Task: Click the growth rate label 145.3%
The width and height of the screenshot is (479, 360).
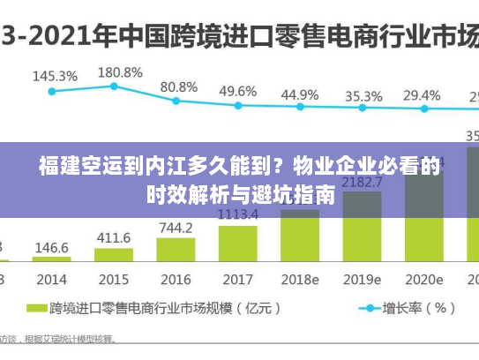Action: [x=55, y=76]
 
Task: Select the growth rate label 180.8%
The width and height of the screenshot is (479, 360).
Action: [x=119, y=71]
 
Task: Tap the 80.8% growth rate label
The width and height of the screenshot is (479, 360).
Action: [x=179, y=87]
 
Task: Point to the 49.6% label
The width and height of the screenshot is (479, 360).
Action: [x=237, y=91]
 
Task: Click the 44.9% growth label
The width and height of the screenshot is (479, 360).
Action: [x=300, y=94]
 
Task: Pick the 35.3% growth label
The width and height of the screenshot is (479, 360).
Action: [x=363, y=95]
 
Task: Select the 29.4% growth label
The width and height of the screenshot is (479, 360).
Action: [x=422, y=95]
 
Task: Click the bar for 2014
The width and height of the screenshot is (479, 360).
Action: [x=52, y=259]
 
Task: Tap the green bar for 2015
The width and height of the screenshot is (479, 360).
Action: [x=114, y=255]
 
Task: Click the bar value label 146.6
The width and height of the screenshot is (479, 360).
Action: [x=52, y=248]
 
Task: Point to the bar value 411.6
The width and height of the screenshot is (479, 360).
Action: [x=114, y=237]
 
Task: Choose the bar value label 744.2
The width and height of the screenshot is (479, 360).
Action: [x=176, y=228]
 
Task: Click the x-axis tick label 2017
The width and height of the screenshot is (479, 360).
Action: [x=237, y=279]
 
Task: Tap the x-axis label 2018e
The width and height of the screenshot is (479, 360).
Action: [x=300, y=279]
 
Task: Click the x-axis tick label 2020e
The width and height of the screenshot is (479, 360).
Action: [x=424, y=279]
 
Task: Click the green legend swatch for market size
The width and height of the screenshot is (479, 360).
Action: [x=35, y=309]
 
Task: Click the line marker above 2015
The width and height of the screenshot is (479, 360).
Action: [x=114, y=86]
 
